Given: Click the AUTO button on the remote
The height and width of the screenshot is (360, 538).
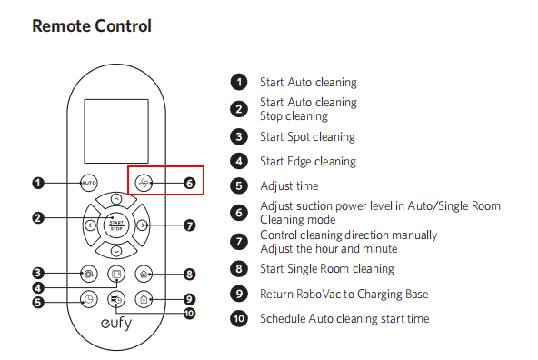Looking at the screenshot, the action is click(88, 183).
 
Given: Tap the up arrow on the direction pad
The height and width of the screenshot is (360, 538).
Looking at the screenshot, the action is click(116, 199).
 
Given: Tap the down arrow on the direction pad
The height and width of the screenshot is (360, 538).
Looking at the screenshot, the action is click(116, 251).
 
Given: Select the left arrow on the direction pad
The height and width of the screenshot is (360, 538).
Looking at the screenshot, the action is click(90, 225).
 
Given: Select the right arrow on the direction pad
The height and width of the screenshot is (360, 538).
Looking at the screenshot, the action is click(143, 225).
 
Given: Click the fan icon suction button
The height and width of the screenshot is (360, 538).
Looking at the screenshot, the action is click(144, 183).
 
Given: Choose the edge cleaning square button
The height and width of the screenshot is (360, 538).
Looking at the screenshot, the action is click(116, 274).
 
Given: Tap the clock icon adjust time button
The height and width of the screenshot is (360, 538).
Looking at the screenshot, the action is click(88, 299).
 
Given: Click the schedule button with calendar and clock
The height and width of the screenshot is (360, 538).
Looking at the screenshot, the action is click(116, 299).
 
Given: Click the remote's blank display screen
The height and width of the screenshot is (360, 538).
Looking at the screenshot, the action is click(116, 131).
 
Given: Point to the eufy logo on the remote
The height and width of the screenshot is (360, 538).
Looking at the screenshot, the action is click(116, 324).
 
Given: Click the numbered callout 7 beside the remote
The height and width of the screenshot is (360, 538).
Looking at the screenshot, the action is click(189, 225).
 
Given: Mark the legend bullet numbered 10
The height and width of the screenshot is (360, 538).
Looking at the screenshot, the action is click(239, 318).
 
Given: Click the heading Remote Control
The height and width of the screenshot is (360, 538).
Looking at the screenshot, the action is click(92, 25).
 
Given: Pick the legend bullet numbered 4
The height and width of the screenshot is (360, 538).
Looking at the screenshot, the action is click(239, 161).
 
